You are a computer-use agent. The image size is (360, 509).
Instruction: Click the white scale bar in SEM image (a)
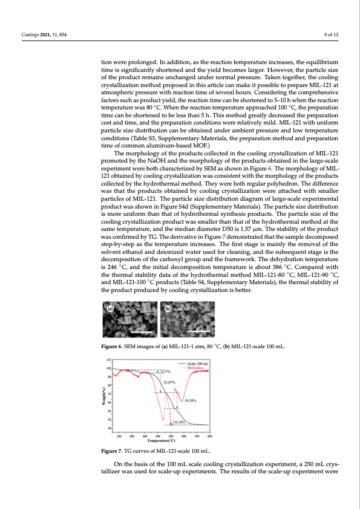click(140, 332)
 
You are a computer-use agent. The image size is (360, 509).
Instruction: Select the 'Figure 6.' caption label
click(114, 347)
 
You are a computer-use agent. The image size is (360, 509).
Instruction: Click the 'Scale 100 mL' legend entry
click(197, 363)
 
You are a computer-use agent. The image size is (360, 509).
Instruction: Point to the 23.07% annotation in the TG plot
click(170, 382)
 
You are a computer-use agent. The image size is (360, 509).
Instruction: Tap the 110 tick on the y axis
click(110, 360)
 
